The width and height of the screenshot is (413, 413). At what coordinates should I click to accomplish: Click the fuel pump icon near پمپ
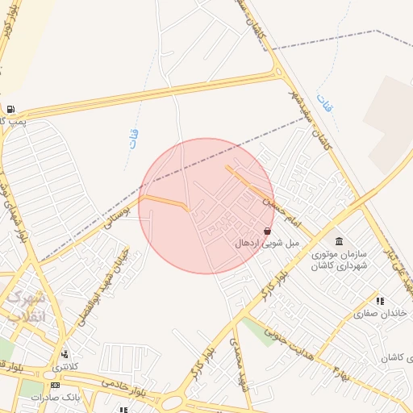coord(10,110)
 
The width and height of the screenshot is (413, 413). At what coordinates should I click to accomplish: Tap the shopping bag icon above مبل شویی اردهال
coord(267,231)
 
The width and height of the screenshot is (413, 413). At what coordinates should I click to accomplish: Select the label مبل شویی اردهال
coord(267,243)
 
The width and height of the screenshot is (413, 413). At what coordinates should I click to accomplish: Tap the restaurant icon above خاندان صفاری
coord(380,301)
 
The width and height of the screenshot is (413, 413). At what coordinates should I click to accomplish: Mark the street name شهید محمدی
coord(236,362)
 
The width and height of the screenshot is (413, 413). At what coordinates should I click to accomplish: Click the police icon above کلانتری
coord(65,354)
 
